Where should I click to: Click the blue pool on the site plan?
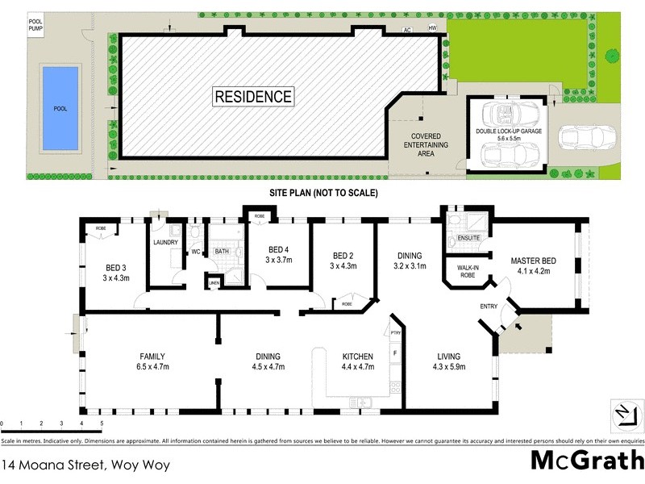coord(60,108)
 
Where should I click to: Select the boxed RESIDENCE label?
coord(253,97)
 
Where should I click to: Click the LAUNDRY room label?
coord(165,242)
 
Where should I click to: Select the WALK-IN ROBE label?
coord(468,270)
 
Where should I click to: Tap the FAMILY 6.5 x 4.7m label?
coord(152,361)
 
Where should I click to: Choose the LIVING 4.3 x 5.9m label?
coord(448,361)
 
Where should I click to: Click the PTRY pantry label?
coord(395,332)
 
